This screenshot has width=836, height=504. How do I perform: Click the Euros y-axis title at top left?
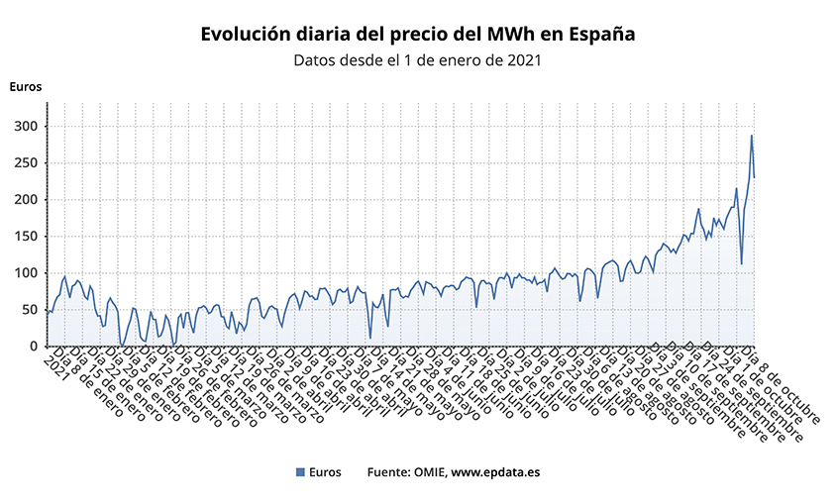point(26,86)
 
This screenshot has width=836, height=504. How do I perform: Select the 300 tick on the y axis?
point(25,127)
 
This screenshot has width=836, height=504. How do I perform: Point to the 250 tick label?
point(25,163)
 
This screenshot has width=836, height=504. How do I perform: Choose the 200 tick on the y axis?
point(25,200)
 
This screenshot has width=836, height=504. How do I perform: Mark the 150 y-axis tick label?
point(25,237)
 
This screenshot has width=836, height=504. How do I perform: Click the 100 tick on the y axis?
point(25,273)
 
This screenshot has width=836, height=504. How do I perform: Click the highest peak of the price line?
point(752,136)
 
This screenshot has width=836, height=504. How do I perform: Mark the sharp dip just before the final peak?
point(742,263)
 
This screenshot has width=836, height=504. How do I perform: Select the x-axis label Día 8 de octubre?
point(783,388)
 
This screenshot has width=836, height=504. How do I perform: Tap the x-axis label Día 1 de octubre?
point(772,388)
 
